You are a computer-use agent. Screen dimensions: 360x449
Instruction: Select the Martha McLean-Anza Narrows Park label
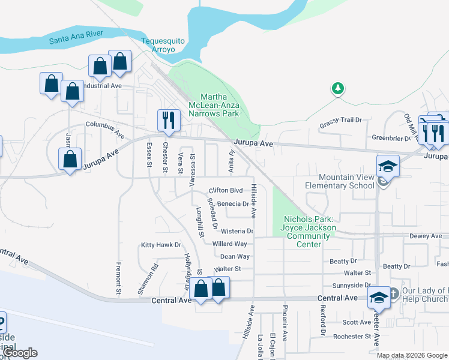coord(219,105)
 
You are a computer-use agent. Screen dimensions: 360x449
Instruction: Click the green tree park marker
coord(338,89)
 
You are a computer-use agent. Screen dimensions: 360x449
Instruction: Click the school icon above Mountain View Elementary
coord(388,165)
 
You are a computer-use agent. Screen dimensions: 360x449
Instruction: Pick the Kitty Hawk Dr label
coord(160,245)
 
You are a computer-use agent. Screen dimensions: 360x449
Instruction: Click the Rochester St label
coord(352,337)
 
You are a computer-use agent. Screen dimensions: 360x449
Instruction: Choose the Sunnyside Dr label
coord(352,286)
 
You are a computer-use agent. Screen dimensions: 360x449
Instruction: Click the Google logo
coord(20,353)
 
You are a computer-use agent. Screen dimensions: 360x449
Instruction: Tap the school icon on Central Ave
coord(379,298)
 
